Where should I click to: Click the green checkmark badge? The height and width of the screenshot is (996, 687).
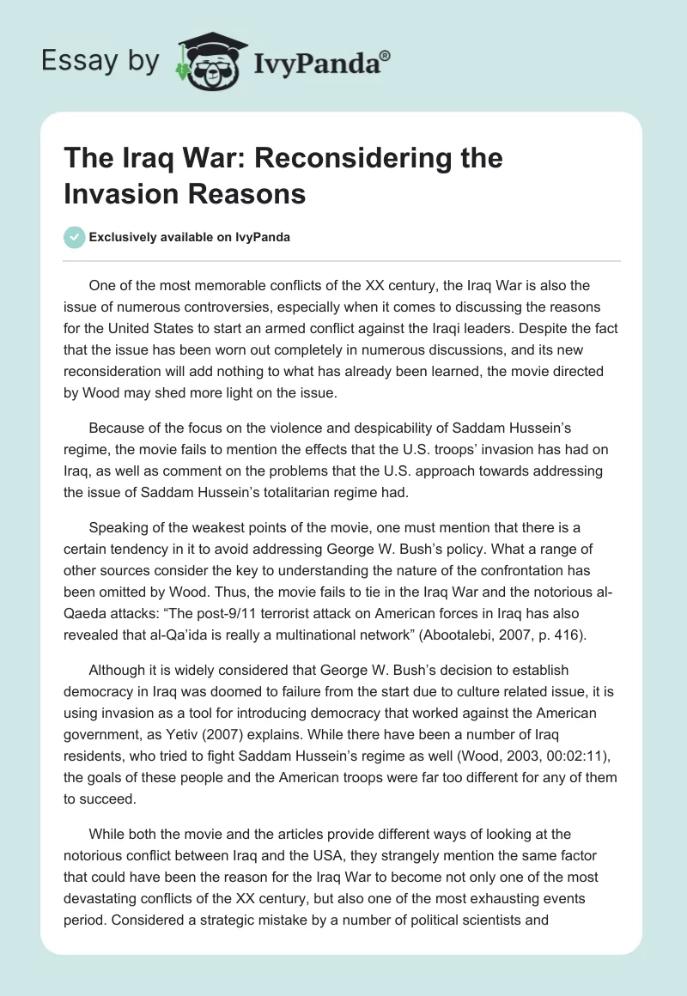pos(75,237)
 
